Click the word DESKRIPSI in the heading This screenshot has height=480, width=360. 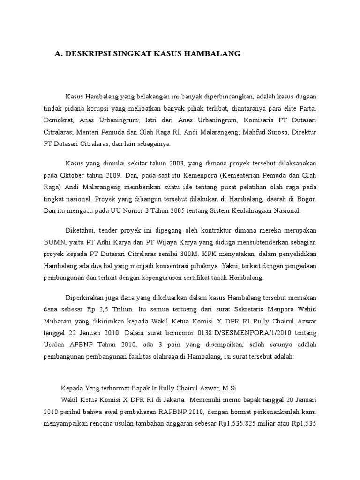pyautogui.click(x=90, y=54)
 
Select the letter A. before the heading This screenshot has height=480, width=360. pyautogui.click(x=59, y=54)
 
